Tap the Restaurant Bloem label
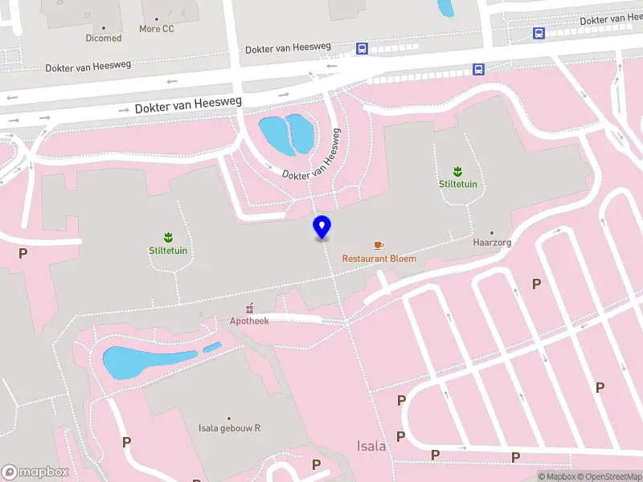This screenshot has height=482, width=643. (379, 259)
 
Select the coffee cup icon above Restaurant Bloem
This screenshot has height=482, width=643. (379, 245)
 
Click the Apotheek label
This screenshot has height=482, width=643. (250, 321)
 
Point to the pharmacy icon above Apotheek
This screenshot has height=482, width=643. (250, 308)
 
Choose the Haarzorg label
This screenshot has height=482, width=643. (492, 242)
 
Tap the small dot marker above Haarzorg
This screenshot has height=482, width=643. (492, 233)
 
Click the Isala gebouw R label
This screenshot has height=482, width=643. (230, 428)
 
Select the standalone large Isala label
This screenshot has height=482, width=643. (371, 446)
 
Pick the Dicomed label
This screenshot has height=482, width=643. (104, 38)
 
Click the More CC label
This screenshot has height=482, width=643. (156, 29)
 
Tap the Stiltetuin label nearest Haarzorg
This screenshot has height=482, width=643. (458, 184)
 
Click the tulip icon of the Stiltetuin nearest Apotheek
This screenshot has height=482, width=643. (169, 236)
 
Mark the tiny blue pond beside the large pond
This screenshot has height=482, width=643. (212, 347)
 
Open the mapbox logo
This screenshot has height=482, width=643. (35, 472)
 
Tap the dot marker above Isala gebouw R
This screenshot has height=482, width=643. (230, 419)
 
